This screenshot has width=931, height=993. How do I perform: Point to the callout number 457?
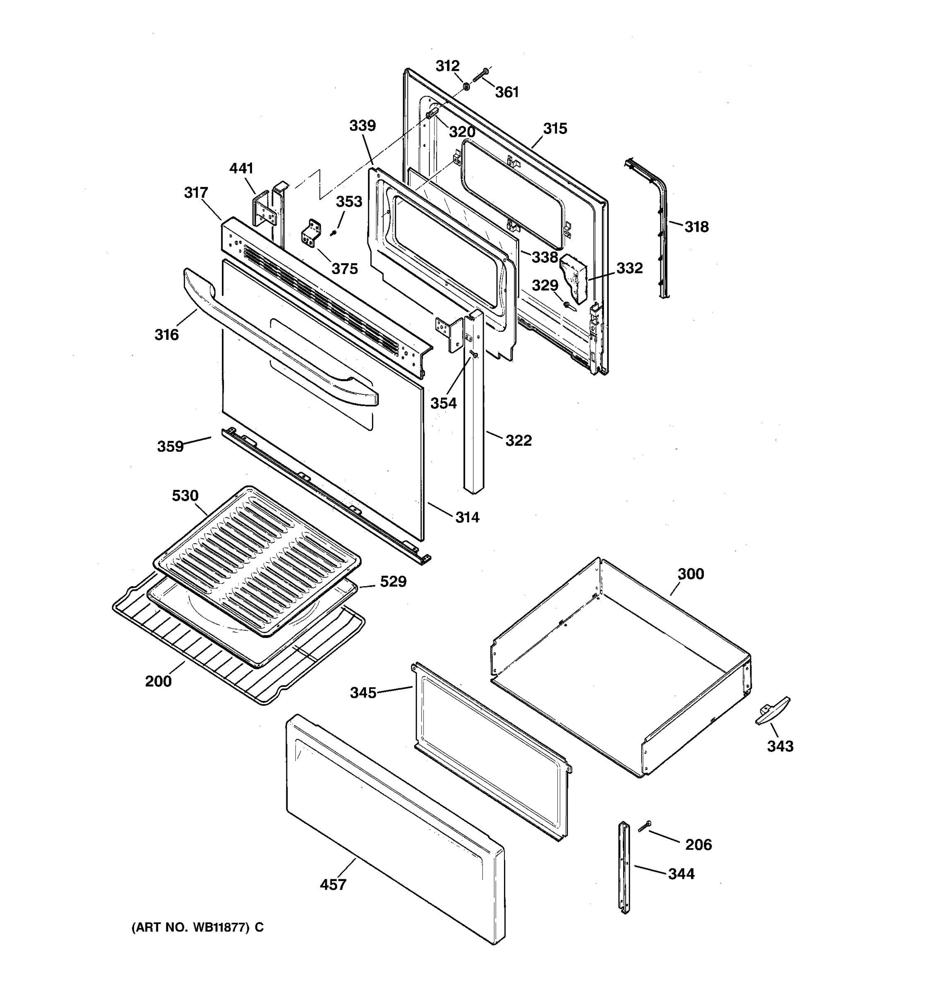pos(333,884)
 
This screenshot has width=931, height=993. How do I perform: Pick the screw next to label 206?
pos(644,827)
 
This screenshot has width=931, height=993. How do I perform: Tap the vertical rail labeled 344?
pos(625,868)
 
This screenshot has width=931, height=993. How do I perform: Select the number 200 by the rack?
pos(158,681)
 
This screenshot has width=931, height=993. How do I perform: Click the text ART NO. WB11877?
pos(197,927)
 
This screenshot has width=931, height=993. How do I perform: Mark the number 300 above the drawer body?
pos(691,573)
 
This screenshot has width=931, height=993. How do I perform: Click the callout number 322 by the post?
pos(518,440)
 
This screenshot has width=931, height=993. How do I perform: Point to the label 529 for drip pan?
pos(393,581)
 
